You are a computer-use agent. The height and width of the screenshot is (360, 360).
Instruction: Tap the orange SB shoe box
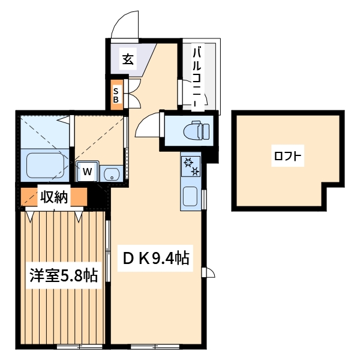click(116, 95)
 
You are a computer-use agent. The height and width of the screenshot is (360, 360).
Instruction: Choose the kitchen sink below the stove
click(191, 196)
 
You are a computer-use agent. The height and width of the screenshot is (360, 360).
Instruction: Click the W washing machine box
click(87, 172)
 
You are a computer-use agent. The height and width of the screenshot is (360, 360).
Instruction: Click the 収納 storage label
click(55, 196)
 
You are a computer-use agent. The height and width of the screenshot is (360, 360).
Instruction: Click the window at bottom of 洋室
click(79, 347)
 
